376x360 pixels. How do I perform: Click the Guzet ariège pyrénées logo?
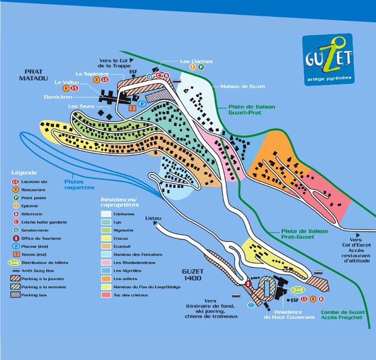pos(327,60)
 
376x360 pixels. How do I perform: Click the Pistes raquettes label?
pos(79,184)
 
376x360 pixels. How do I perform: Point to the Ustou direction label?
pos(153,218)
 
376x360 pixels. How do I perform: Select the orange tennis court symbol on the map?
pos(133,108)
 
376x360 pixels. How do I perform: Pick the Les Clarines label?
pos(196,61)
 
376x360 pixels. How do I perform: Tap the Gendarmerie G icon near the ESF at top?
pos(150,76)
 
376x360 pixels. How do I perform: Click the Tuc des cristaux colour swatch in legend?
pos(106,295)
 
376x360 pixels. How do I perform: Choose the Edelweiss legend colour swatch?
pos(106,214)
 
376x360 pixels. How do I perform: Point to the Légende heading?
pos(23,172)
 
